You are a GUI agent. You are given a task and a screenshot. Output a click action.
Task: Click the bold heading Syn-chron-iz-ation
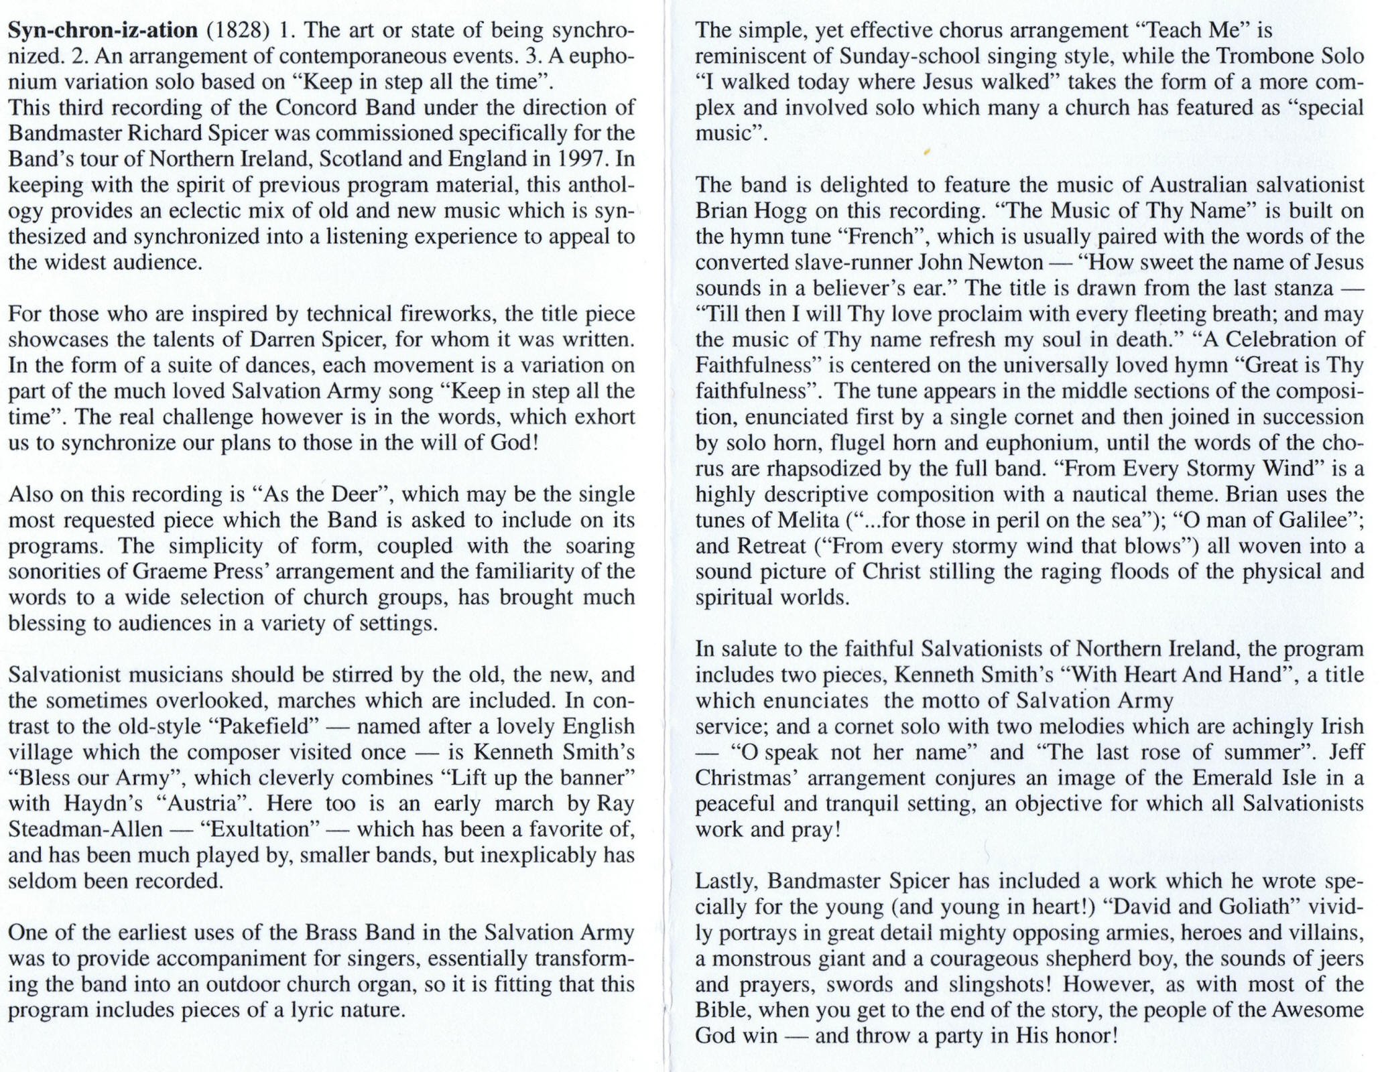pyautogui.click(x=103, y=30)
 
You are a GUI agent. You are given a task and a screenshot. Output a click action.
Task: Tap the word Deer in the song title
pyautogui.click(x=355, y=494)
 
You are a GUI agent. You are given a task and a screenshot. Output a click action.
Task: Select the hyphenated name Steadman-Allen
pyautogui.click(x=85, y=829)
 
